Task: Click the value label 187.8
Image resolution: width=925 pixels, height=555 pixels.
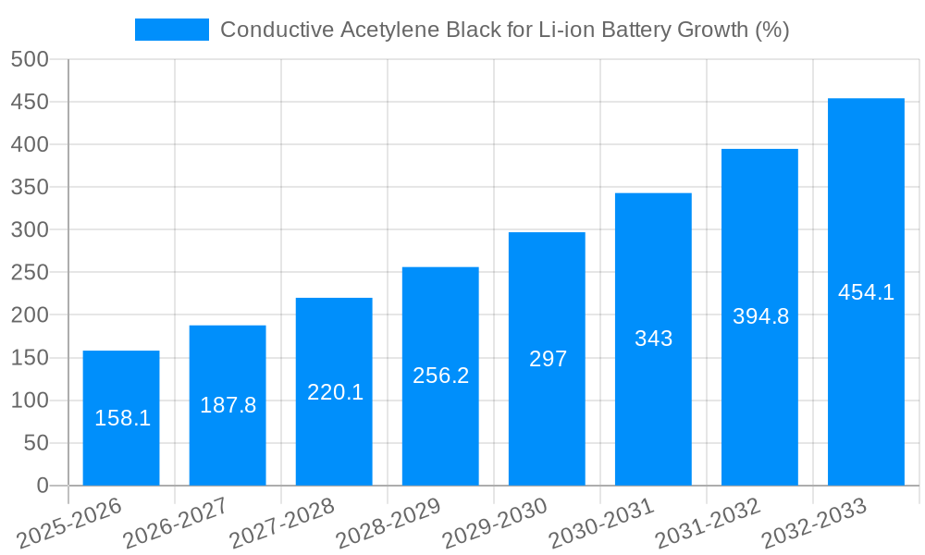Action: (x=228, y=405)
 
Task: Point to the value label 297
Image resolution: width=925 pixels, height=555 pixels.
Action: (x=548, y=359)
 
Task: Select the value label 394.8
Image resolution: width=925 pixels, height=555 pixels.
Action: (x=760, y=316)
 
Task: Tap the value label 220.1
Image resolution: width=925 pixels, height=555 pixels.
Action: (x=335, y=392)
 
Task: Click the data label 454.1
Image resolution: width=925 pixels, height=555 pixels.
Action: (x=866, y=292)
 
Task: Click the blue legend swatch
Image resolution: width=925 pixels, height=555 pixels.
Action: (x=172, y=30)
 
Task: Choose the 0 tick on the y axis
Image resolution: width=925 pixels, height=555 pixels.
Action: (x=42, y=486)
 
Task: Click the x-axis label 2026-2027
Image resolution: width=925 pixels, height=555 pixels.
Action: (x=176, y=523)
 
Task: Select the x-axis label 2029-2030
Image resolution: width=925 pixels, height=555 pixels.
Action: (x=495, y=523)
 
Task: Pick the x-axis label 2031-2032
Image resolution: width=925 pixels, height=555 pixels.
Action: (x=708, y=523)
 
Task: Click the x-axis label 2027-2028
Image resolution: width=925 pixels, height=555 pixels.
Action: (x=282, y=523)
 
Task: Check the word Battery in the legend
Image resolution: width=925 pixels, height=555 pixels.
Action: (x=638, y=30)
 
